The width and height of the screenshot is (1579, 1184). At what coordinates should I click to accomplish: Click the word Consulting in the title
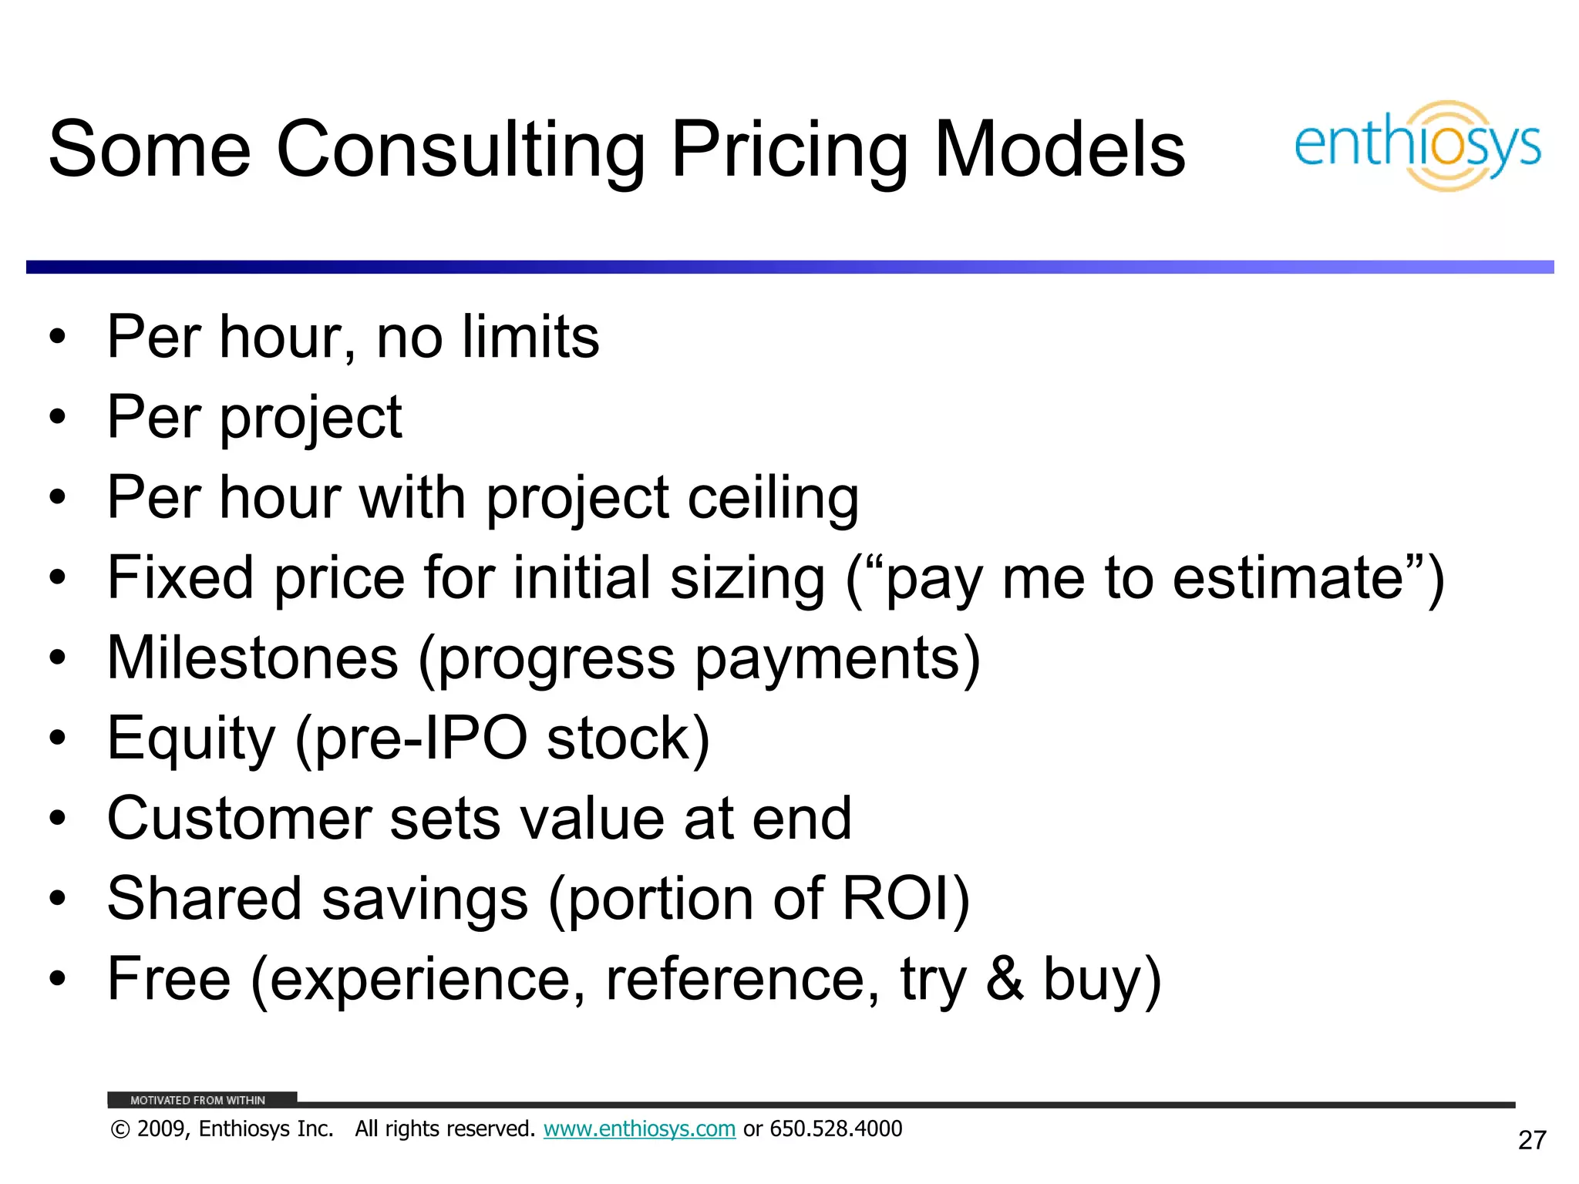coord(460,150)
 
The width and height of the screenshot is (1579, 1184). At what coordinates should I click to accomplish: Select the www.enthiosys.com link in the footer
coord(639,1128)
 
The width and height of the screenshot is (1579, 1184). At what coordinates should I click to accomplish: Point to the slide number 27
coord(1532,1140)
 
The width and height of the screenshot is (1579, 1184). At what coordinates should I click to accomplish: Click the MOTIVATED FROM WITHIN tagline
coord(197,1100)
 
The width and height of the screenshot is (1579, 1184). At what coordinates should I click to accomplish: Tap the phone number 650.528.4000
coord(836,1128)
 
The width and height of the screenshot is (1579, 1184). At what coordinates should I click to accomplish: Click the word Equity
coord(190,740)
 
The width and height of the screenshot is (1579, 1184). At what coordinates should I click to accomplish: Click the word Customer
coord(239,819)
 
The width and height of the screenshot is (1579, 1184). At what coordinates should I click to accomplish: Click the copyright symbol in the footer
coord(120,1129)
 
